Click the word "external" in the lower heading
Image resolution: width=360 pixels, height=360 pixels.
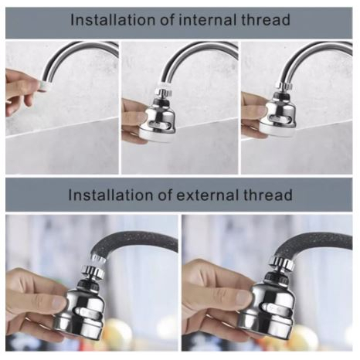pos(209,195)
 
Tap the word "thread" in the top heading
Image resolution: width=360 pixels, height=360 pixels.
pos(267,20)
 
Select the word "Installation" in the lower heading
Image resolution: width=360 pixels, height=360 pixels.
pos(111,195)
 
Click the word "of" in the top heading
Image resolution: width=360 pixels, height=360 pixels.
pos(168,20)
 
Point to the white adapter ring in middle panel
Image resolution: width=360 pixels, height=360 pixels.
pos(164,87)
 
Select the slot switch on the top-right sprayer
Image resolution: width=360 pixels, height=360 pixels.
pos(280,119)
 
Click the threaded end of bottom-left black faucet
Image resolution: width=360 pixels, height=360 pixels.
pos(99,258)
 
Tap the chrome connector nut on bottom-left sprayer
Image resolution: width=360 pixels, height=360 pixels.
pos(92,273)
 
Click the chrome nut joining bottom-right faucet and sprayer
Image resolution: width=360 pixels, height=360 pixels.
pos(282,264)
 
